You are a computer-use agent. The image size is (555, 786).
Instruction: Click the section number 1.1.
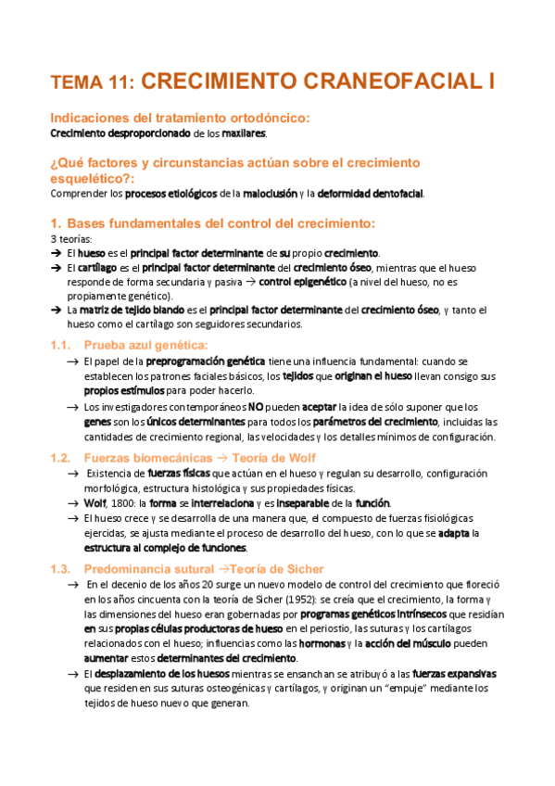point(61,345)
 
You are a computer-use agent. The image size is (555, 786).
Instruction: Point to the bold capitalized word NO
point(254,407)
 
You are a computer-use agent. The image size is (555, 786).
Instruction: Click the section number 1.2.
point(61,458)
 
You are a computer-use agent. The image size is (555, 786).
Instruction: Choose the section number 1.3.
point(61,568)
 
